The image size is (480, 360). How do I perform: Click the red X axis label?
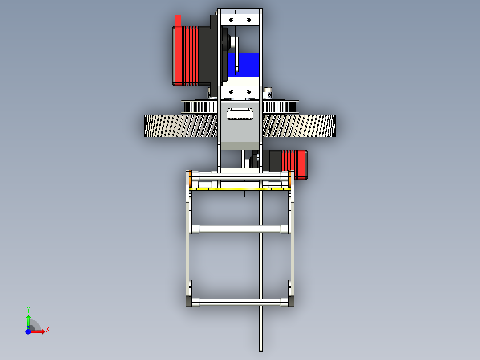tap(47, 329)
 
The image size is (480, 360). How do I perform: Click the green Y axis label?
tap(28, 310)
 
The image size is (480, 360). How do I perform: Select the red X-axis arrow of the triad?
tap(38, 331)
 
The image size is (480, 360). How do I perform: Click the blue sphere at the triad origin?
tap(28, 331)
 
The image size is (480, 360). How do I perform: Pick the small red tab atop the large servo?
tap(178, 20)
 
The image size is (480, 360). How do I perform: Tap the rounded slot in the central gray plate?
tap(240, 113)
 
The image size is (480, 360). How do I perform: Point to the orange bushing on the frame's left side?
tap(190, 179)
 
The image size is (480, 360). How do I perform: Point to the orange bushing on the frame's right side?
tap(290, 179)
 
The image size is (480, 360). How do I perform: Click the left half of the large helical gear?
tap(178, 126)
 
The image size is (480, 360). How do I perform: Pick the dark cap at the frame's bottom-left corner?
tap(188, 302)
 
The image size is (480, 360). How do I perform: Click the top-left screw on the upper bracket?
tap(231, 19)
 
